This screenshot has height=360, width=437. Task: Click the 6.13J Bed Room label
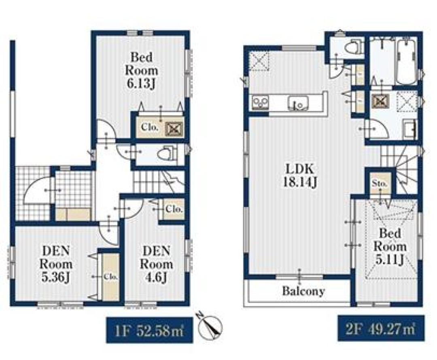pyautogui.click(x=142, y=70)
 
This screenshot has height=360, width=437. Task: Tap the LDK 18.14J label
pyautogui.click(x=300, y=176)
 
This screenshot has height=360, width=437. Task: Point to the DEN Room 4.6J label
pyautogui.click(x=156, y=264)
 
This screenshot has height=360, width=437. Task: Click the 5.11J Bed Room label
pyautogui.click(x=390, y=247)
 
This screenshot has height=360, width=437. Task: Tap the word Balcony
pyautogui.click(x=303, y=291)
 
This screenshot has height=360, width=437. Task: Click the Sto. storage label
pyautogui.click(x=380, y=184)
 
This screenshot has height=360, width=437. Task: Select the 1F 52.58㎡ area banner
pyautogui.click(x=149, y=330)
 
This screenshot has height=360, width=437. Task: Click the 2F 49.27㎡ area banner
pyautogui.click(x=381, y=328)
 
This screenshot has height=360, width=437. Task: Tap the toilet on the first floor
pyautogui.click(x=166, y=153)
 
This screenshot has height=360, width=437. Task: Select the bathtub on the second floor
pyautogui.click(x=406, y=61)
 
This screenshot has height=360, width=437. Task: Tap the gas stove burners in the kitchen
pyautogui.click(x=260, y=102)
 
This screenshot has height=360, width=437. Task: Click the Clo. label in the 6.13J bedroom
pyautogui.click(x=150, y=128)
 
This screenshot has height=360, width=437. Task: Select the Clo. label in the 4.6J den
pyautogui.click(x=174, y=209)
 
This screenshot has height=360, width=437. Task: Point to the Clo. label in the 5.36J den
pyautogui.click(x=111, y=277)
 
